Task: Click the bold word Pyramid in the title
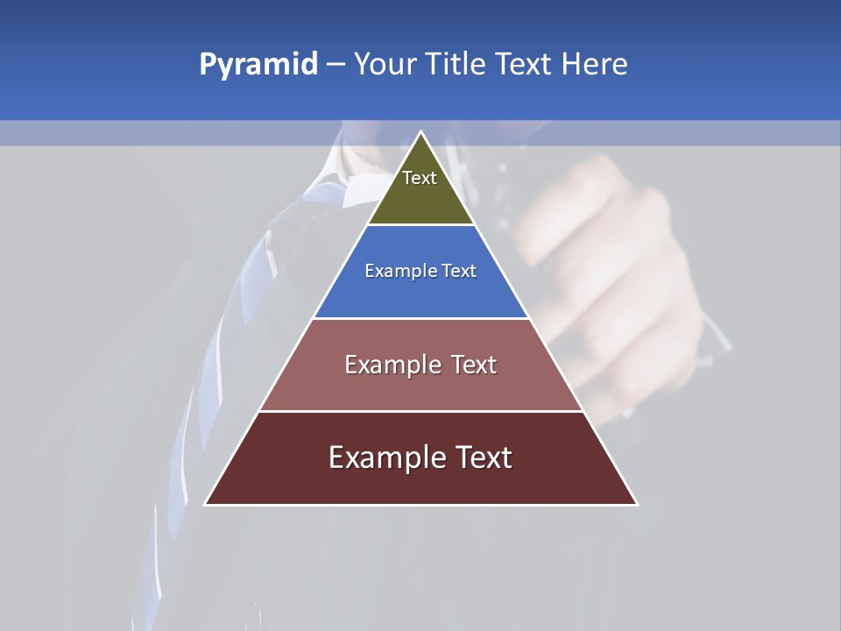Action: (x=258, y=65)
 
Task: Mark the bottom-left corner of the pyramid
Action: (x=206, y=504)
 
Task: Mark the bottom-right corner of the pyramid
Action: (x=637, y=504)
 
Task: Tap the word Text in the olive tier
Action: (x=420, y=178)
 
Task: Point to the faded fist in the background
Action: (x=613, y=263)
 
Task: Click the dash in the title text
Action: (x=336, y=65)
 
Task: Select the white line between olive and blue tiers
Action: (x=420, y=225)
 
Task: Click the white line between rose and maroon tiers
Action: (x=420, y=411)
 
